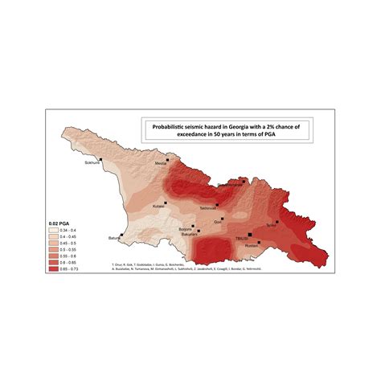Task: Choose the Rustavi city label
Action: tap(252, 246)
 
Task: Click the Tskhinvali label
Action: tap(208, 207)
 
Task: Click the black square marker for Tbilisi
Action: tap(250, 234)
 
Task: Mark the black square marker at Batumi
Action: tap(122, 234)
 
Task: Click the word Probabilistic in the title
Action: tap(166, 127)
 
